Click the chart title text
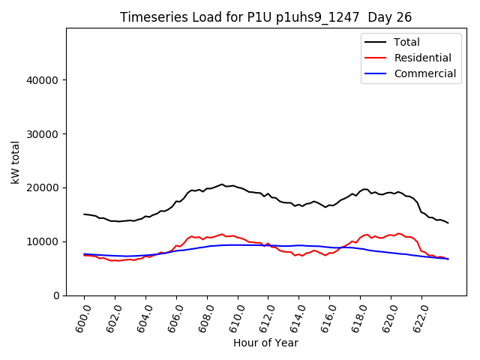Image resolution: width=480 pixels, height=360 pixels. pyautogui.click(x=265, y=17)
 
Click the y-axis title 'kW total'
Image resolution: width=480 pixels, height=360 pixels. pyautogui.click(x=16, y=161)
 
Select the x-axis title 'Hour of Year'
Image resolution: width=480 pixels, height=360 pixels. pyautogui.click(x=265, y=343)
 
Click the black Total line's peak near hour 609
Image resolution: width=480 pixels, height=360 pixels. pyautogui.click(x=221, y=184)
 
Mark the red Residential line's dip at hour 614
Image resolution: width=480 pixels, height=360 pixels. pyautogui.click(x=299, y=255)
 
